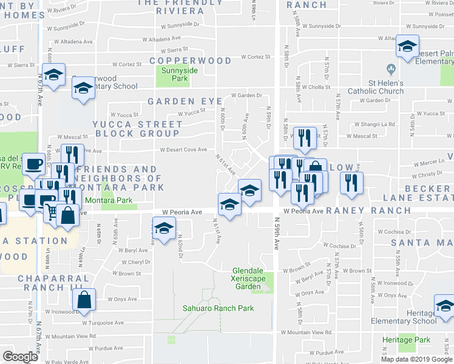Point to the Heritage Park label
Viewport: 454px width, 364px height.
406,340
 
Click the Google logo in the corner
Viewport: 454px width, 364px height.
20,356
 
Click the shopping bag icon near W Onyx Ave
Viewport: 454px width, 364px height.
84,300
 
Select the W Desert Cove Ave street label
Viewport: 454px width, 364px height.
183,150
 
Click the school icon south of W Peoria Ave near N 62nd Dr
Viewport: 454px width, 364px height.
163,229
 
